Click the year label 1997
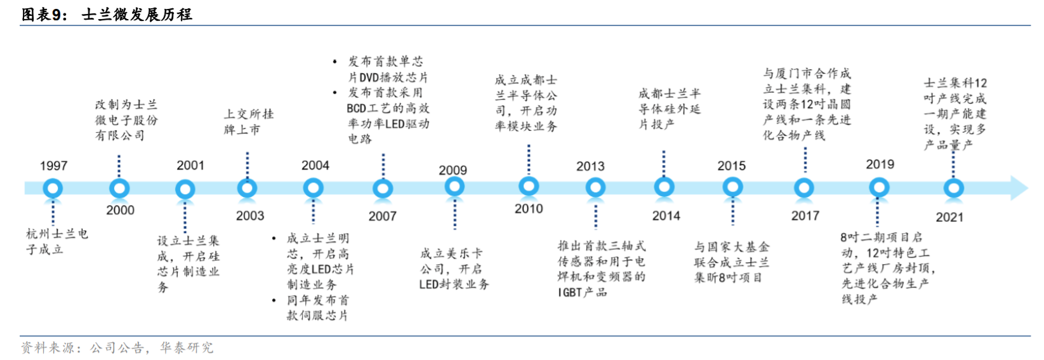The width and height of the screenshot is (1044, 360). (x=53, y=166)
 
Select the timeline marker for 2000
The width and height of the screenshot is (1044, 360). (x=119, y=189)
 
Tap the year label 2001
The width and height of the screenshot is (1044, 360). (x=190, y=166)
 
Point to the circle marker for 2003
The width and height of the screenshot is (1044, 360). (x=247, y=189)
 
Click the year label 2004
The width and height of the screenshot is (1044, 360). (x=315, y=166)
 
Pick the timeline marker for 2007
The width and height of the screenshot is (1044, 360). (x=383, y=189)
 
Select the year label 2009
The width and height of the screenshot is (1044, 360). (x=453, y=170)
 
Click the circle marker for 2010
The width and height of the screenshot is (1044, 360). (x=529, y=187)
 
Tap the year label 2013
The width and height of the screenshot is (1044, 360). (x=590, y=166)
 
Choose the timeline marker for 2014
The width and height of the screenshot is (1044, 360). (x=664, y=187)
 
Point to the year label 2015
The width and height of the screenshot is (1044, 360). (x=732, y=166)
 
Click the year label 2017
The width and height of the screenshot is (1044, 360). (x=805, y=216)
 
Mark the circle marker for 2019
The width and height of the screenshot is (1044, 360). (x=879, y=188)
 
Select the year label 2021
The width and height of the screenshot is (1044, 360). (x=949, y=217)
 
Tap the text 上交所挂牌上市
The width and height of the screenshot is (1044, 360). (x=249, y=122)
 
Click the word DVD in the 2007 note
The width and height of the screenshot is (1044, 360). (x=369, y=77)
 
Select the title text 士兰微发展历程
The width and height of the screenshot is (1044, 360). (x=137, y=15)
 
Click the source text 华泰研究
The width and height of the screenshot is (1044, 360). (x=187, y=348)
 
